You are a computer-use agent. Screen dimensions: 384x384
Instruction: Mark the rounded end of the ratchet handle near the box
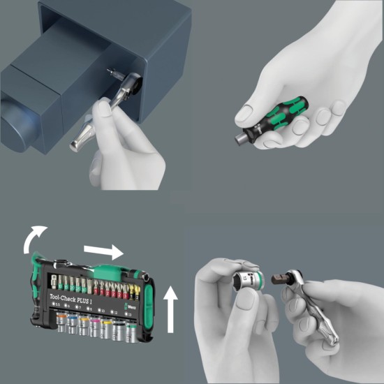75,145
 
